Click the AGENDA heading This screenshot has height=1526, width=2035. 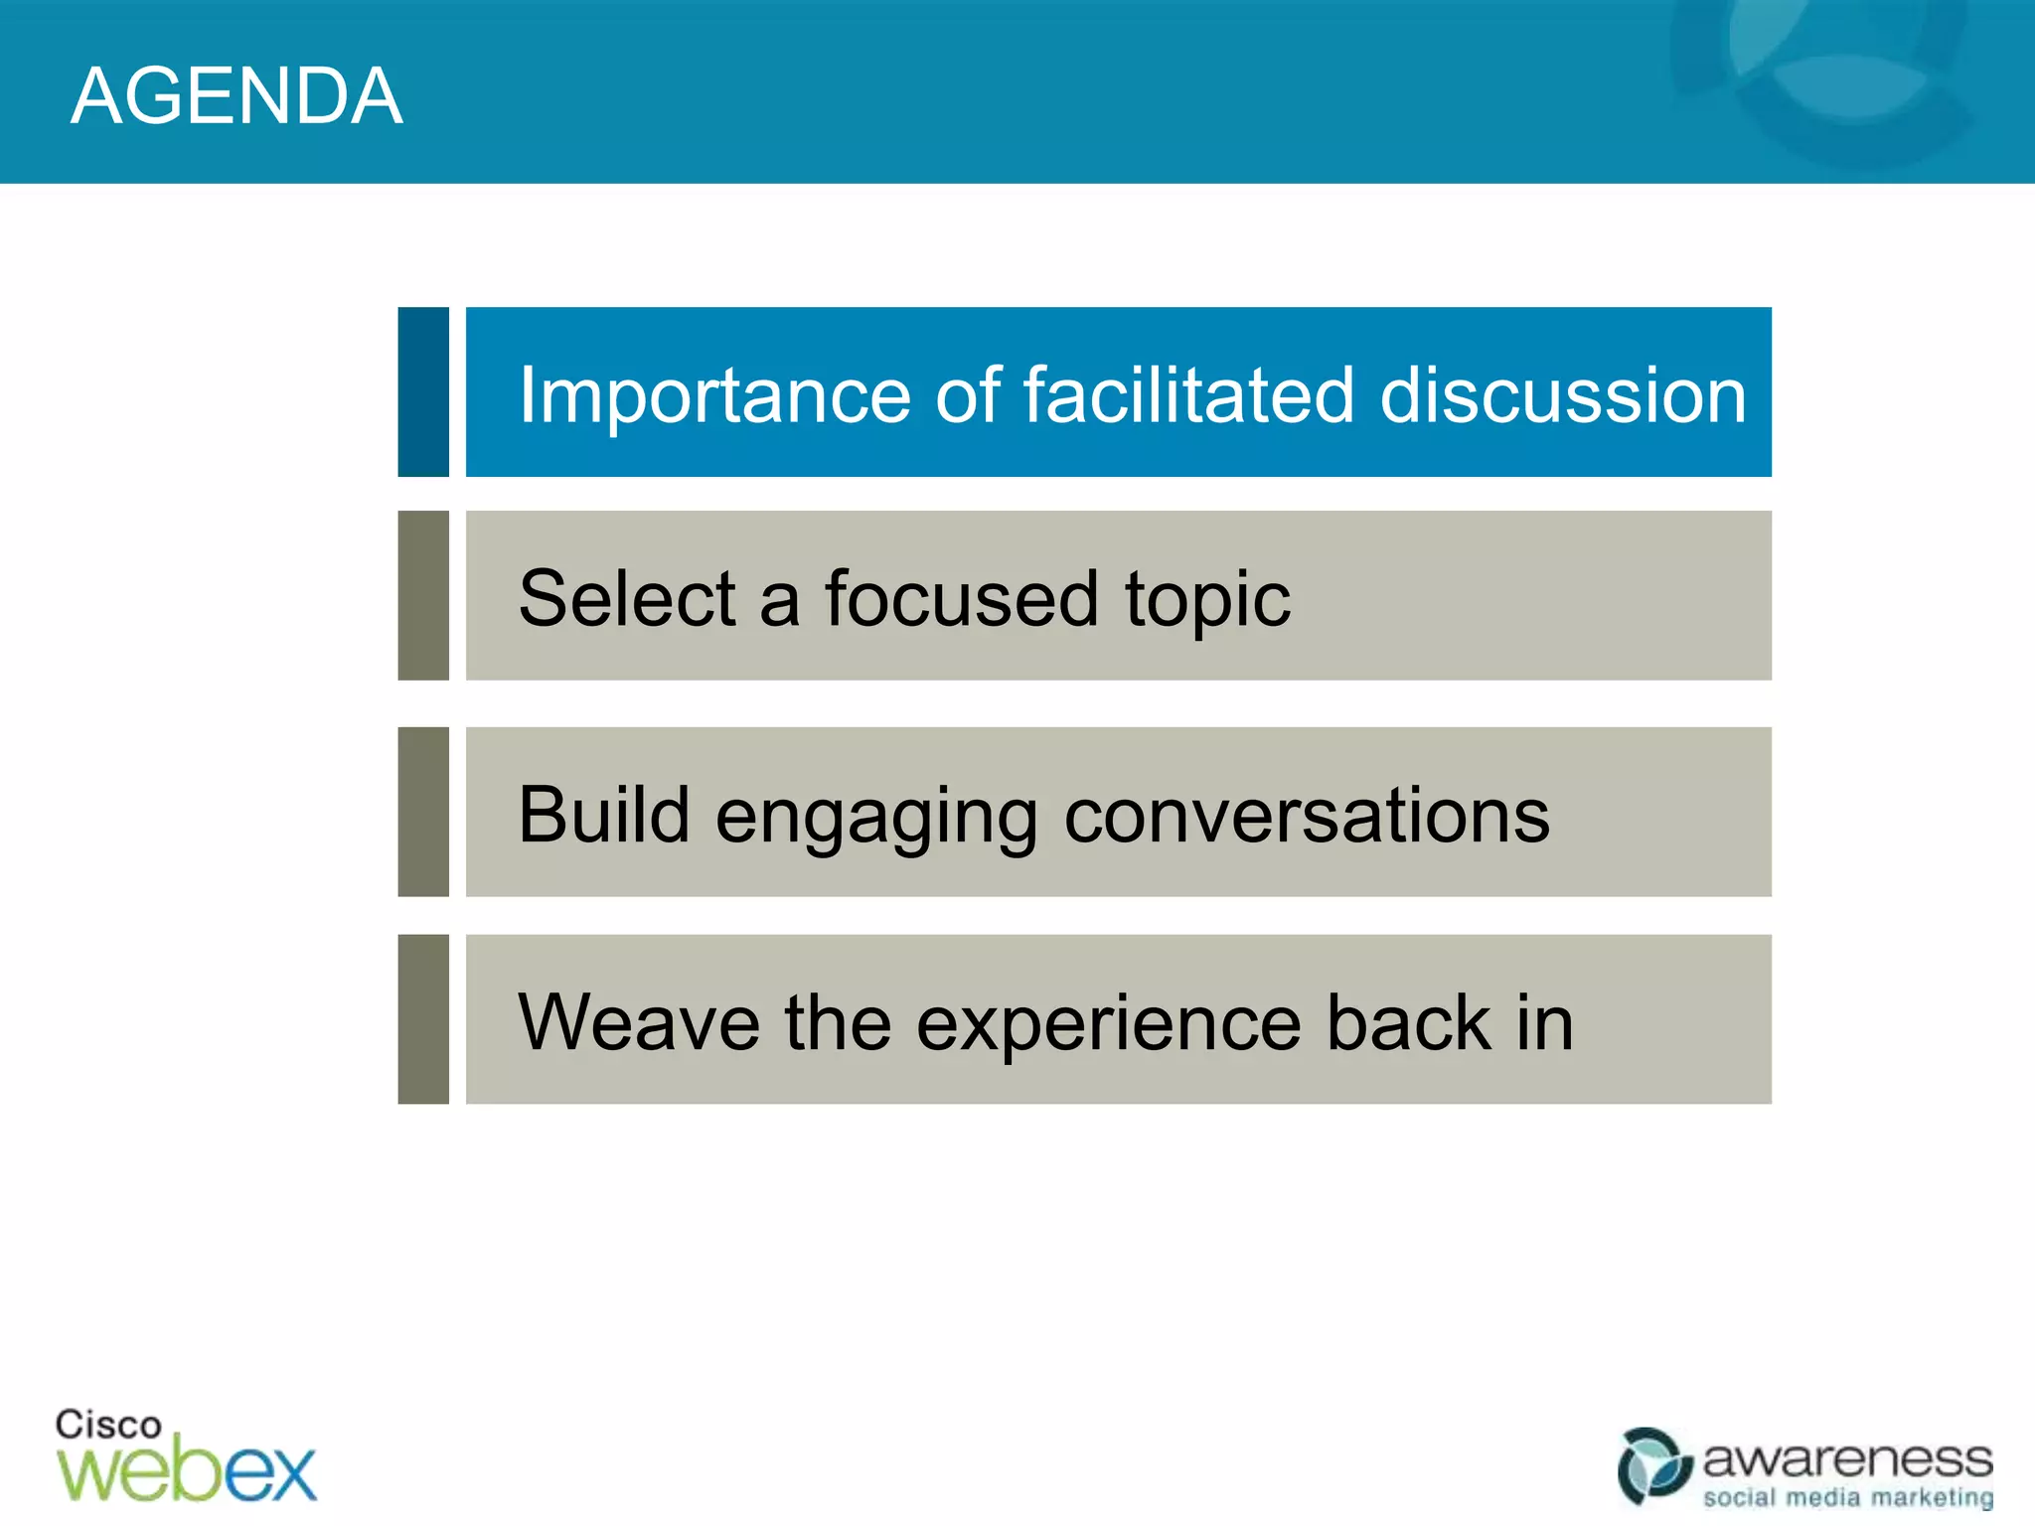[236, 95]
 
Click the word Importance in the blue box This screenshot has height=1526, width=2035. [714, 395]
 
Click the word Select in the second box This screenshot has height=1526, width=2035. [626, 598]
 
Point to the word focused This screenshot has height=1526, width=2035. [961, 598]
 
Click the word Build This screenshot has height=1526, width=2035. [603, 815]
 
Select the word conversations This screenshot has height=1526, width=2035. [1306, 815]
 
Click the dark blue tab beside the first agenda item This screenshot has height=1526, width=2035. [423, 391]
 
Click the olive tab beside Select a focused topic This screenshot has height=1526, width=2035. [423, 595]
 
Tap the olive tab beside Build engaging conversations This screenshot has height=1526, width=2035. [423, 812]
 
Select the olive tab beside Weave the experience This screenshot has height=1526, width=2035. [423, 1018]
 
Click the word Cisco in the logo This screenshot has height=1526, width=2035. [107, 1425]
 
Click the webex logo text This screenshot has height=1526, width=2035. [187, 1470]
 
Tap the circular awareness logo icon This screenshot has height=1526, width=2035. [1653, 1465]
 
